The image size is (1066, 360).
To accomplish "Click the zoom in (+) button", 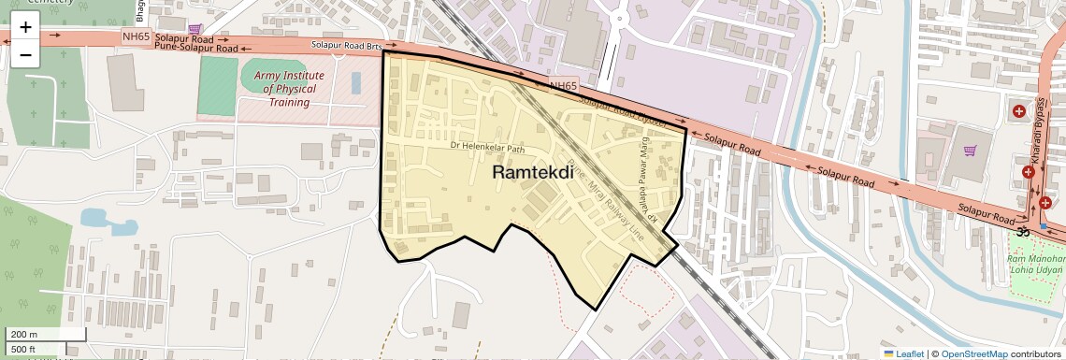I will (25, 27).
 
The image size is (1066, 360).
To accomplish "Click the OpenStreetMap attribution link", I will (973, 353).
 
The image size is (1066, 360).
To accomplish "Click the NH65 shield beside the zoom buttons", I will (136, 36).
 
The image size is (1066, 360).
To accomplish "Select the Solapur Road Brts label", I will (347, 45).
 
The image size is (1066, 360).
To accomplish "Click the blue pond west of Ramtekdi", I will (97, 219).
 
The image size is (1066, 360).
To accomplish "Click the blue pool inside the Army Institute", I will (355, 82).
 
